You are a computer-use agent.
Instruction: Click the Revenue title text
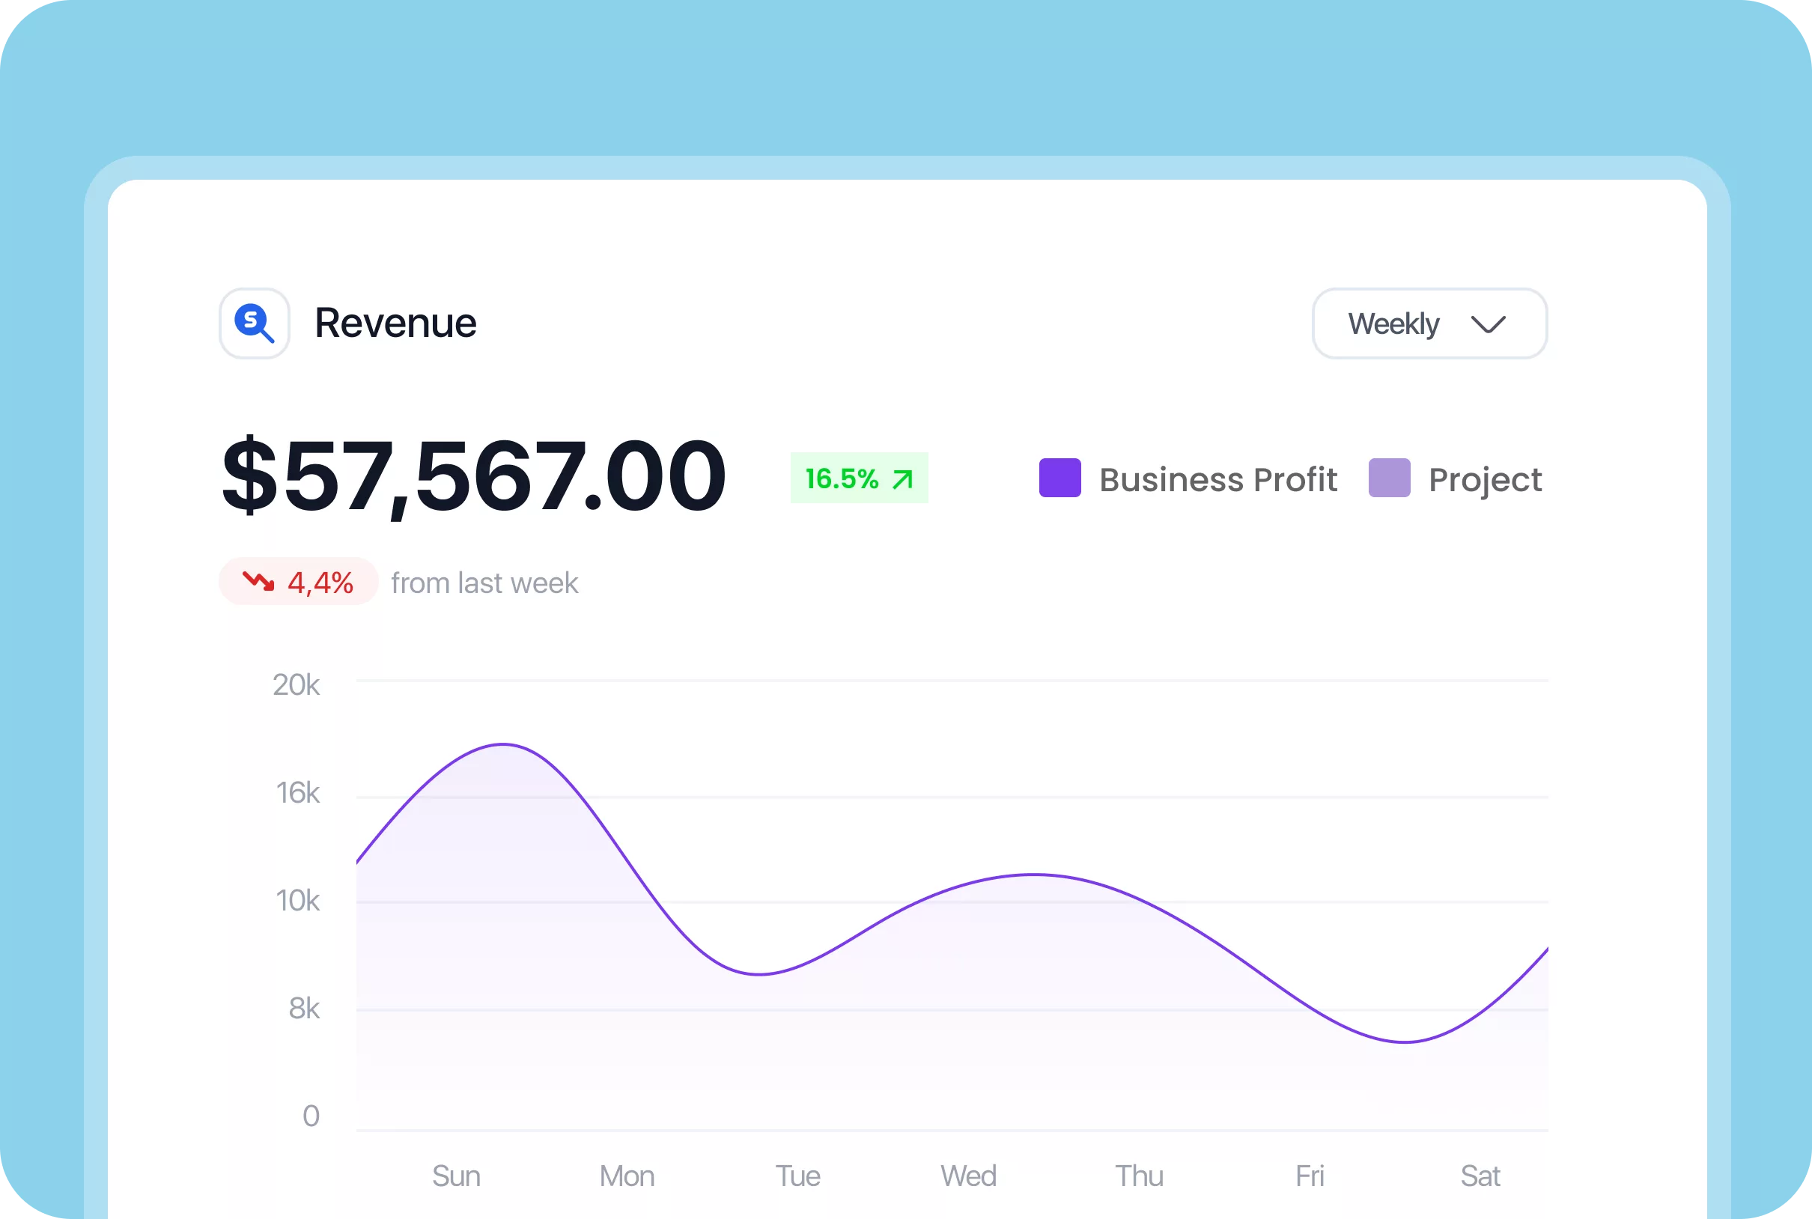(x=395, y=323)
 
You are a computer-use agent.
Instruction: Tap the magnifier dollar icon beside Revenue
(x=254, y=323)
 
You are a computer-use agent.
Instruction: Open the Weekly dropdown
(x=1429, y=323)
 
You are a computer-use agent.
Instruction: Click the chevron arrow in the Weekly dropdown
(x=1488, y=324)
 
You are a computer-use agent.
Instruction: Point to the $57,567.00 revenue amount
(x=473, y=475)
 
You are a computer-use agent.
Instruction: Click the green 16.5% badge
(x=859, y=478)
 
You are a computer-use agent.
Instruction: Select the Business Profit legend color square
(x=1059, y=478)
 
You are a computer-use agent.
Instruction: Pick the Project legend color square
(x=1389, y=478)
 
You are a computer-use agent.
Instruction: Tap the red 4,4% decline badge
(x=299, y=582)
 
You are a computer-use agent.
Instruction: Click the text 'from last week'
(x=484, y=583)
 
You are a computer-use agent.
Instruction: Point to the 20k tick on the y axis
(x=296, y=685)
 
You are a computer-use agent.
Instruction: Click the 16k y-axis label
(x=297, y=793)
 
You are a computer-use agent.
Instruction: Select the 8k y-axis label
(x=303, y=1009)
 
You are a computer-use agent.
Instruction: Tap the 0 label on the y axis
(x=311, y=1116)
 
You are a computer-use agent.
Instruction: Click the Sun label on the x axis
(x=456, y=1176)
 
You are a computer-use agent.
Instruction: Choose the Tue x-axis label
(x=797, y=1176)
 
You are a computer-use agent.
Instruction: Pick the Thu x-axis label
(x=1139, y=1176)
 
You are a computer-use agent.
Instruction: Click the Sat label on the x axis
(x=1480, y=1176)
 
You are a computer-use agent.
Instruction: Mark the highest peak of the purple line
(x=504, y=745)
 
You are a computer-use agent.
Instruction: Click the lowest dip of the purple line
(x=1405, y=1042)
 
